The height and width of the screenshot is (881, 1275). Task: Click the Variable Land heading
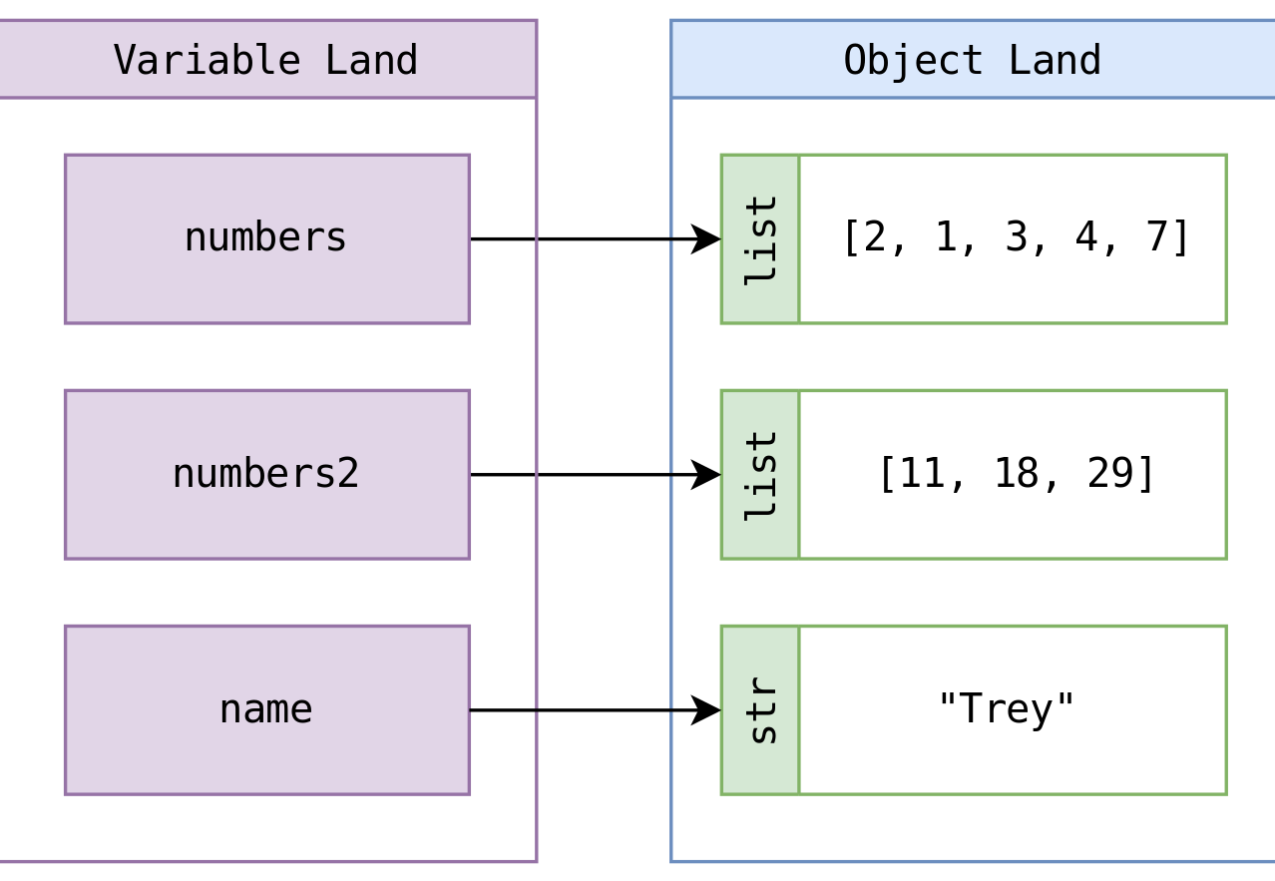point(265,60)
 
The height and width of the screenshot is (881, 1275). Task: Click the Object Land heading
point(972,60)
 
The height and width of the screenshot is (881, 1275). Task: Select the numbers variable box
point(266,238)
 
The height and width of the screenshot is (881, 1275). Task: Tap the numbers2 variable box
point(266,474)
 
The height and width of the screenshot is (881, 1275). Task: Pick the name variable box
point(266,709)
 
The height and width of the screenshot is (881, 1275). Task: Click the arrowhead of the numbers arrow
point(707,238)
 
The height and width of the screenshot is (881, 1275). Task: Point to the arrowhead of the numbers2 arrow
point(707,474)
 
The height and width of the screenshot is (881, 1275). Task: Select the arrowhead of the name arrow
point(707,709)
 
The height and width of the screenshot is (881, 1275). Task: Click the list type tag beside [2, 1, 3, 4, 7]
point(760,238)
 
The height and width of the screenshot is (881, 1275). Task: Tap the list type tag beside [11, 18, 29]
point(760,474)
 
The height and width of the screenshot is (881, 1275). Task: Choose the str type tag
point(760,709)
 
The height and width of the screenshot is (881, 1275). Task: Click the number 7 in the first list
point(1157,237)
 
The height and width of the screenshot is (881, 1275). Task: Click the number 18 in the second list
point(1017,473)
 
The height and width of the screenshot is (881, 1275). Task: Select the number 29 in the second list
point(1109,473)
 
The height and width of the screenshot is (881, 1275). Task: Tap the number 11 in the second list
point(923,473)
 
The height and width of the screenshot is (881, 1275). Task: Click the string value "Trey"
point(1006,708)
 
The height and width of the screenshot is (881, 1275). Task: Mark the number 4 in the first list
point(1086,237)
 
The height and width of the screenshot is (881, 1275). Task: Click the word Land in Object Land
point(1054,60)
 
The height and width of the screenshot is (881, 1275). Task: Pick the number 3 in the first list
point(1017,237)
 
